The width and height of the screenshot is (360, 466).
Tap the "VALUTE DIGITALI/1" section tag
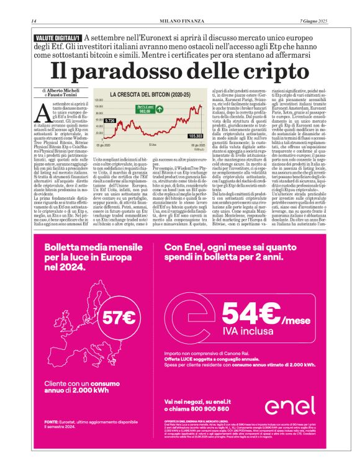click(60, 38)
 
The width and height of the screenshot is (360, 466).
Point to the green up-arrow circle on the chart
click(178, 110)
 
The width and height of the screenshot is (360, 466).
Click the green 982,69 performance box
click(161, 110)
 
